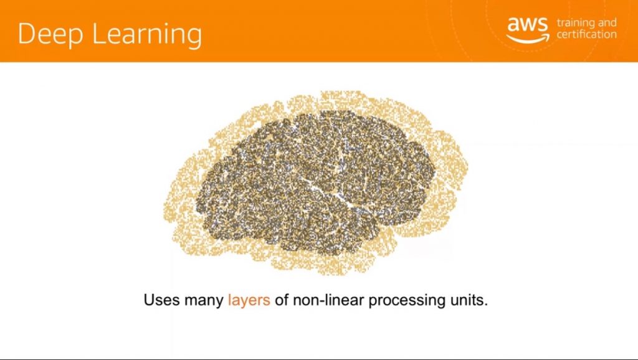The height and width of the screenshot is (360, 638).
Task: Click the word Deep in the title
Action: [51, 34]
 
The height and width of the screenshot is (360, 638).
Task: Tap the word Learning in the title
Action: [147, 34]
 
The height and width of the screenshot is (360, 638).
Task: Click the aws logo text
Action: [528, 24]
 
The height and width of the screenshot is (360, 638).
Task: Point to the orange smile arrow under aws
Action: [528, 39]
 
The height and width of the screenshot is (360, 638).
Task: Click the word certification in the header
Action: [587, 34]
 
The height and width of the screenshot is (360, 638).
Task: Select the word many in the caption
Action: [204, 301]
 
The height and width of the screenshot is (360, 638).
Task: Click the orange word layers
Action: [249, 301]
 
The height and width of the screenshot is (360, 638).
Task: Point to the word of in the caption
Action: [282, 300]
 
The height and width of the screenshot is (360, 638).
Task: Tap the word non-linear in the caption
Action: [328, 300]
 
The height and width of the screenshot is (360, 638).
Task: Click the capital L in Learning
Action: [99, 34]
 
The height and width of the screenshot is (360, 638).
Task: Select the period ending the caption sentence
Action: [485, 305]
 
